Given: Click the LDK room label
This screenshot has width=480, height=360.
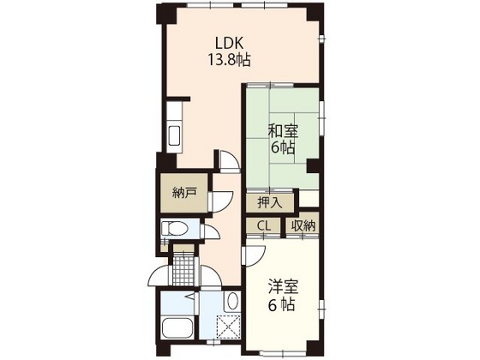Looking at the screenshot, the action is [x=230, y=43].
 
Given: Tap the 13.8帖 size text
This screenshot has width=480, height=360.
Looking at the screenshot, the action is [x=230, y=60].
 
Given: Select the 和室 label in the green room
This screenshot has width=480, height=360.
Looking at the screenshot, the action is [x=283, y=131].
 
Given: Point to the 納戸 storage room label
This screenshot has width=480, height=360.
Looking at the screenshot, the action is [x=184, y=193].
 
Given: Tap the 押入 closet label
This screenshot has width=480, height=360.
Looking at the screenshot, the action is [x=270, y=202].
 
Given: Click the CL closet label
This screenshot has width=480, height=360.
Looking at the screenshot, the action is [x=264, y=226].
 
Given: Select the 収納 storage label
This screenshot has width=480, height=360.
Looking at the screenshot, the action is [x=303, y=226].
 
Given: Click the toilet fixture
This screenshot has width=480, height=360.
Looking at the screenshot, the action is [x=175, y=228].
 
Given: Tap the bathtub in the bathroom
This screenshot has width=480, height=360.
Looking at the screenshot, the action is [x=177, y=327].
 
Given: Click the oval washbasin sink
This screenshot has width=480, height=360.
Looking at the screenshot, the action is [x=232, y=302].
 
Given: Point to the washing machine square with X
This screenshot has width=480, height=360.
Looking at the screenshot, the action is [x=228, y=326].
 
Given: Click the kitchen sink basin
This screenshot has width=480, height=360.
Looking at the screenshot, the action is [x=175, y=135].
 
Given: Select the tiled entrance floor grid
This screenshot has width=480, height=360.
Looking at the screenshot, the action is [x=183, y=270].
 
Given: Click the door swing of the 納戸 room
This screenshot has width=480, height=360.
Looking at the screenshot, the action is [x=220, y=202].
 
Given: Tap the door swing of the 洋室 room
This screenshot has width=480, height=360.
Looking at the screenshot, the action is [x=254, y=256].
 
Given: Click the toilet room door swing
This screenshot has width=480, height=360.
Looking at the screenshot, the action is [x=211, y=232].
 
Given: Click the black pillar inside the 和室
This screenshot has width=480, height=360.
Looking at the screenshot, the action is [x=313, y=165].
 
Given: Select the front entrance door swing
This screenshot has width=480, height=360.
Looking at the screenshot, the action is [x=159, y=276].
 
